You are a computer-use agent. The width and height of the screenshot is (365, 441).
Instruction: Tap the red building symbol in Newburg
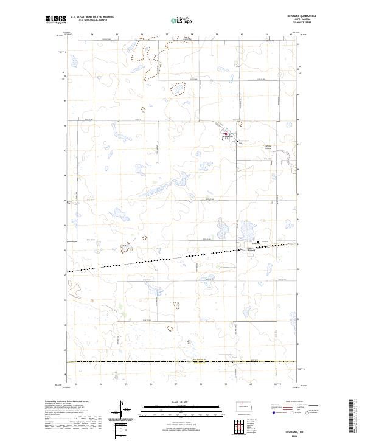point(225,134)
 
